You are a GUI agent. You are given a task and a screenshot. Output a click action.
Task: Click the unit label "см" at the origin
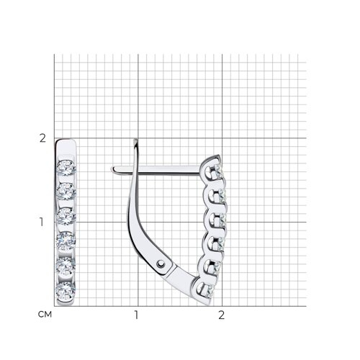(45, 315)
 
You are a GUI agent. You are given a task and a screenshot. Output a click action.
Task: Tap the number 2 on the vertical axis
(42, 138)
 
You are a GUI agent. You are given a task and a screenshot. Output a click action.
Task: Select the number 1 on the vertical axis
(42, 222)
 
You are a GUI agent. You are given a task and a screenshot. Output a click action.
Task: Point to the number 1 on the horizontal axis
(136, 315)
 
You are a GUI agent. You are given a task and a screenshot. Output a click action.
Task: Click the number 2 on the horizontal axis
(221, 315)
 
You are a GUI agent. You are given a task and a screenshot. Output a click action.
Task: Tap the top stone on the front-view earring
(66, 168)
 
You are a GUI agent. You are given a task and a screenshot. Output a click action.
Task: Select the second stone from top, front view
(66, 192)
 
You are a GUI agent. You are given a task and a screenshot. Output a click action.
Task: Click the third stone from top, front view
(66, 216)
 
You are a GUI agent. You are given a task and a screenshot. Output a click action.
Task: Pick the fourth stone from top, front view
(66, 240)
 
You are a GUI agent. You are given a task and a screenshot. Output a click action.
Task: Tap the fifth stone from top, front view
(66, 266)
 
